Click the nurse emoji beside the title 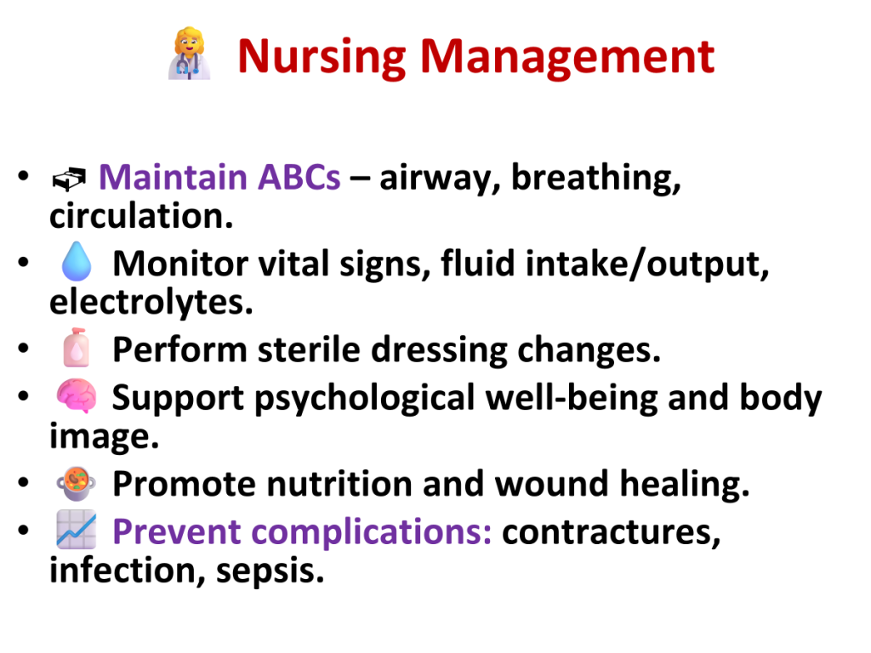190,54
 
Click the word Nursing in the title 322,57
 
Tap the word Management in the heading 567,57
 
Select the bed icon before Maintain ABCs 69,179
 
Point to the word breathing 596,179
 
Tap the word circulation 141,216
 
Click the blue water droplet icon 76,261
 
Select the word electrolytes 151,303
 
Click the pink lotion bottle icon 77,348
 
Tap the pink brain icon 76,396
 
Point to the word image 104,437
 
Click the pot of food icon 76,484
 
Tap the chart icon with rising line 76,530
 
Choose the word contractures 611,532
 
